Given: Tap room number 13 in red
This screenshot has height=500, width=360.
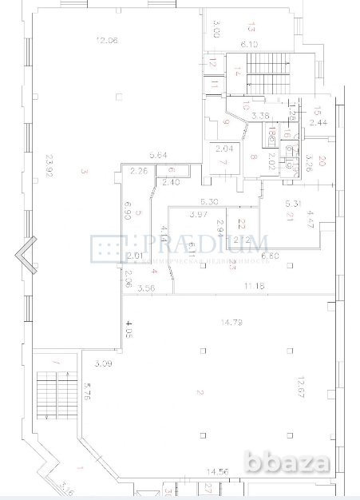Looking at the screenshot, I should (x=251, y=26).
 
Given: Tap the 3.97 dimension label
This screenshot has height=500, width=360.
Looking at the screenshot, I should (x=199, y=214).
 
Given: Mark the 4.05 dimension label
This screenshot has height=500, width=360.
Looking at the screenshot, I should (x=126, y=327).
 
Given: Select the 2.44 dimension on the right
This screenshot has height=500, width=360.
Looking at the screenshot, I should (x=318, y=124).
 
